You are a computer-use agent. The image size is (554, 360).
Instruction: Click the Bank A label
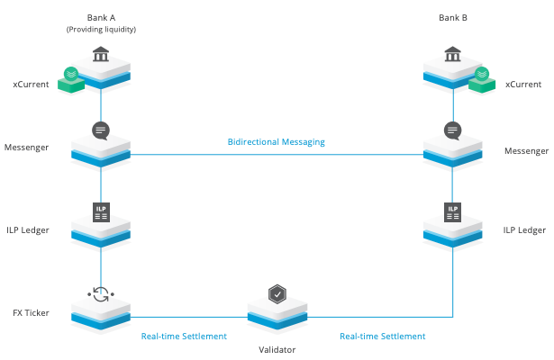click(101, 17)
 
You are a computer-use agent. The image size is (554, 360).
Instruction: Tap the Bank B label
click(453, 17)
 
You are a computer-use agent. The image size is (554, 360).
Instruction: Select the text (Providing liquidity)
click(101, 31)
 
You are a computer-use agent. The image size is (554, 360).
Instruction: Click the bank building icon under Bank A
click(101, 56)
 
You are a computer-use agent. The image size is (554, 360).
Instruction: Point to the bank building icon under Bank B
click(453, 56)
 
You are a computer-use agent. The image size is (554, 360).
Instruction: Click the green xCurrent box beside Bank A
click(70, 79)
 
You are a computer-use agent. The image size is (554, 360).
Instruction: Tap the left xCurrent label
click(32, 84)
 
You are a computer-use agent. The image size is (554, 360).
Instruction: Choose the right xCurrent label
click(522, 84)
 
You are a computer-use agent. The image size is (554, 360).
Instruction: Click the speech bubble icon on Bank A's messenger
click(101, 130)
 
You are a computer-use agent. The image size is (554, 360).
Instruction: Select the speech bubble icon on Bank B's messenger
click(453, 130)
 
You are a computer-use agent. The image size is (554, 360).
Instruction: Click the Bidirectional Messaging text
click(276, 142)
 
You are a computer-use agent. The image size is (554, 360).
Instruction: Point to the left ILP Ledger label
click(26, 230)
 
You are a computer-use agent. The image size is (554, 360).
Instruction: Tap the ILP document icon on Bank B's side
click(453, 212)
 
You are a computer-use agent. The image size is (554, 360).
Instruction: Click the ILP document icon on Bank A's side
click(101, 212)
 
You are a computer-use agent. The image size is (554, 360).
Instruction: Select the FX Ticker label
click(30, 313)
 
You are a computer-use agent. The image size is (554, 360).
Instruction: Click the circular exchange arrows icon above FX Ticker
click(101, 293)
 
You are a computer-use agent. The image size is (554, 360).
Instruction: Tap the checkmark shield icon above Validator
click(277, 293)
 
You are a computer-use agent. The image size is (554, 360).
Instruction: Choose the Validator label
click(277, 349)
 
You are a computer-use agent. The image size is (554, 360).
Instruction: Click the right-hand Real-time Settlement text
click(382, 337)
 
